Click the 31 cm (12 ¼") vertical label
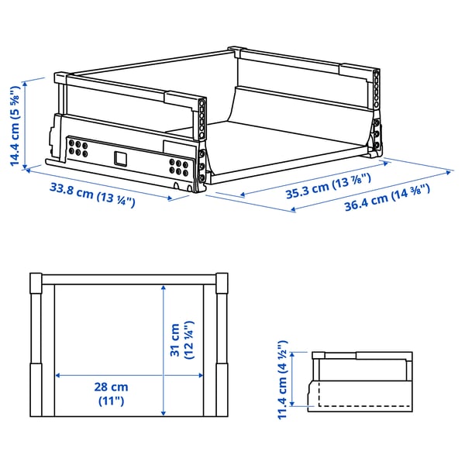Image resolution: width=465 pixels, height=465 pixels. click(x=183, y=340)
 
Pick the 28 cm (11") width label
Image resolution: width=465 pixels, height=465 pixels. click(x=108, y=394)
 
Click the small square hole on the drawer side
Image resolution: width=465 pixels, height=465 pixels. click(x=120, y=158)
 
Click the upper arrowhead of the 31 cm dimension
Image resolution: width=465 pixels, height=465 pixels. click(x=164, y=288)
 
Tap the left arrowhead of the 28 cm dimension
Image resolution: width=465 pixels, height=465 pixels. click(x=57, y=377)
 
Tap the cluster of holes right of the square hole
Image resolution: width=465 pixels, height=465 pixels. click(x=178, y=166)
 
